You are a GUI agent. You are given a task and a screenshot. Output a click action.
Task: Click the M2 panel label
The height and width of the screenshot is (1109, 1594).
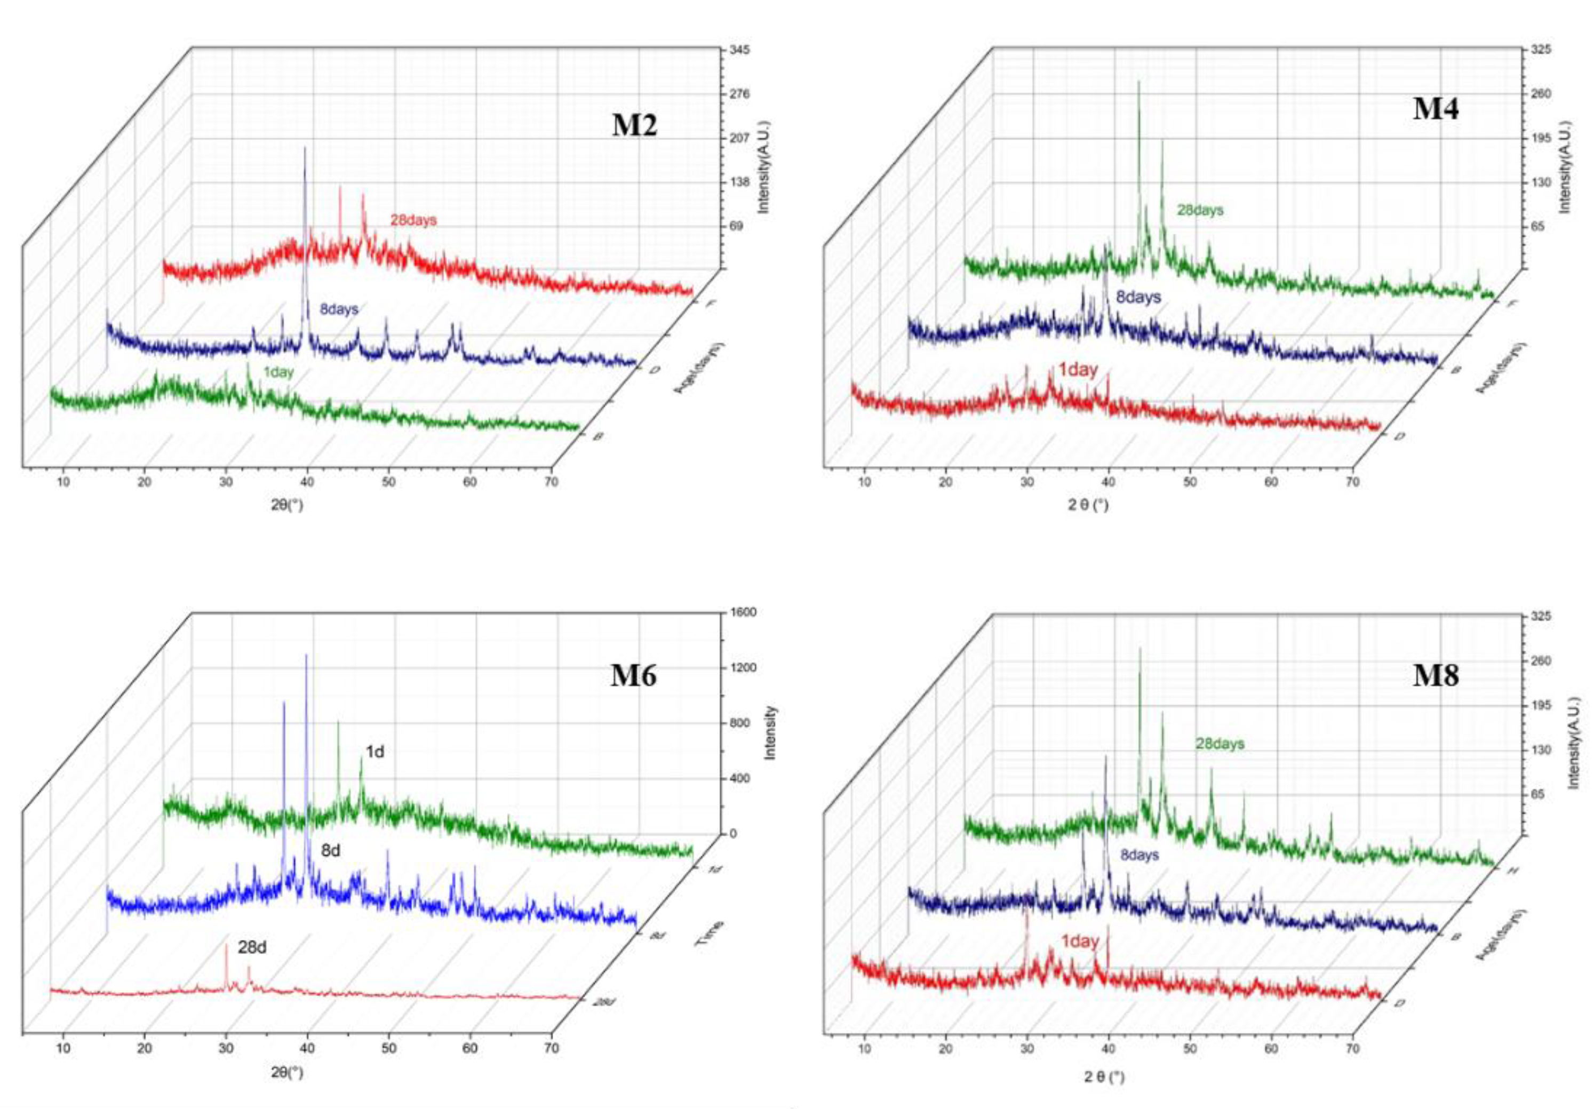tap(634, 125)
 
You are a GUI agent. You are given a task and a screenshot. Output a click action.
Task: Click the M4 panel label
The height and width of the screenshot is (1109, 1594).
tap(1436, 109)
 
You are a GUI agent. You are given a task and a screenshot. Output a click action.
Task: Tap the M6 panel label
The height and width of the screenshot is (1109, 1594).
tap(633, 675)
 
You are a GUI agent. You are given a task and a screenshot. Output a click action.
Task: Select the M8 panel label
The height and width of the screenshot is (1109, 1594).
tap(1436, 675)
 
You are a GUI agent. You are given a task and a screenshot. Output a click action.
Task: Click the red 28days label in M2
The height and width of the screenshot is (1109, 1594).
tap(413, 220)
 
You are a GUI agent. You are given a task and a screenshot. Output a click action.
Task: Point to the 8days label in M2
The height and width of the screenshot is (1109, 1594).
tap(339, 309)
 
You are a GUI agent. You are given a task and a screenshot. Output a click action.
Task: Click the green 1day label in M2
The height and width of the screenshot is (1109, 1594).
tap(278, 372)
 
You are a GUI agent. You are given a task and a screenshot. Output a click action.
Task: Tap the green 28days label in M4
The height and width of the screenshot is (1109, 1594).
tap(1200, 210)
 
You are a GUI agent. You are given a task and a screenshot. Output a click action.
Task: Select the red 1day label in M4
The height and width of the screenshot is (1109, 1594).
tap(1078, 370)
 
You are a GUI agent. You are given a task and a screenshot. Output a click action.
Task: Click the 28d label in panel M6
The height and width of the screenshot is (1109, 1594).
tap(252, 947)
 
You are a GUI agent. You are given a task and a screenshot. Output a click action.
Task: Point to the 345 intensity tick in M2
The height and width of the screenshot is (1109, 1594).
tap(740, 51)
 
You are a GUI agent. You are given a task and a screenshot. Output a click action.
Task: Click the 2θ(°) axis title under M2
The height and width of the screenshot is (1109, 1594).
tap(286, 505)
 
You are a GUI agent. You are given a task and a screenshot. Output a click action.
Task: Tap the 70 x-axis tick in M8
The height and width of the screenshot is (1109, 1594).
tap(1352, 1049)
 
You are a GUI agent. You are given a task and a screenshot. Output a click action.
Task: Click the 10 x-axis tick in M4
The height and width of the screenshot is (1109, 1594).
tap(864, 482)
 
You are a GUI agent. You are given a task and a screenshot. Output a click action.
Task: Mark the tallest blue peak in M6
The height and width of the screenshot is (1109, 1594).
tap(306, 655)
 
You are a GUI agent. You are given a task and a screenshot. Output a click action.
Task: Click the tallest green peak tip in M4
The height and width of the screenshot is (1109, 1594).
tap(1138, 82)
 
